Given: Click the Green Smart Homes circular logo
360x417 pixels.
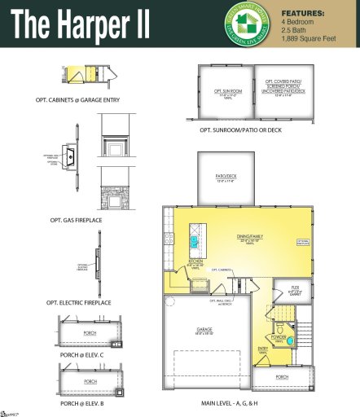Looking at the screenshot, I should [x=248, y=24].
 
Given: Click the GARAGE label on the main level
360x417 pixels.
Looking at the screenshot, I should [x=205, y=330].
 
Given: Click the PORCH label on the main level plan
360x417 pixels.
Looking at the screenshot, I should [x=281, y=377].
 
